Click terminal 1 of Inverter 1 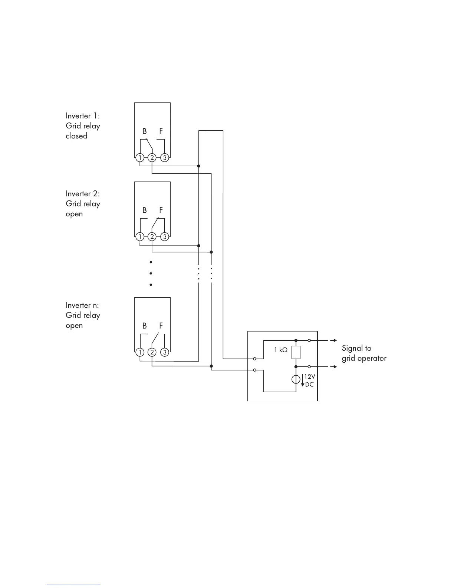(x=140, y=158)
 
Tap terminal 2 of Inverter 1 (x=152, y=158)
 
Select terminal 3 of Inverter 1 (x=165, y=158)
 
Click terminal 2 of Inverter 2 (x=152, y=236)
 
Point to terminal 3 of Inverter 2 (x=165, y=236)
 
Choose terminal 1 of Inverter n (x=140, y=352)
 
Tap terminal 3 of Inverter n (x=165, y=352)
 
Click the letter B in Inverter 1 (x=145, y=131)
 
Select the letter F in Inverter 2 (x=161, y=210)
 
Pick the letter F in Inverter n (x=161, y=326)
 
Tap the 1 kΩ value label (x=281, y=350)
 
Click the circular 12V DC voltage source (x=296, y=379)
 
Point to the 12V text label (x=309, y=377)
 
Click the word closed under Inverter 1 (x=76, y=136)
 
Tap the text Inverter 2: (x=83, y=193)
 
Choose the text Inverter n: (x=82, y=305)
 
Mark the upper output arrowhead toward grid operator (x=335, y=340)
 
